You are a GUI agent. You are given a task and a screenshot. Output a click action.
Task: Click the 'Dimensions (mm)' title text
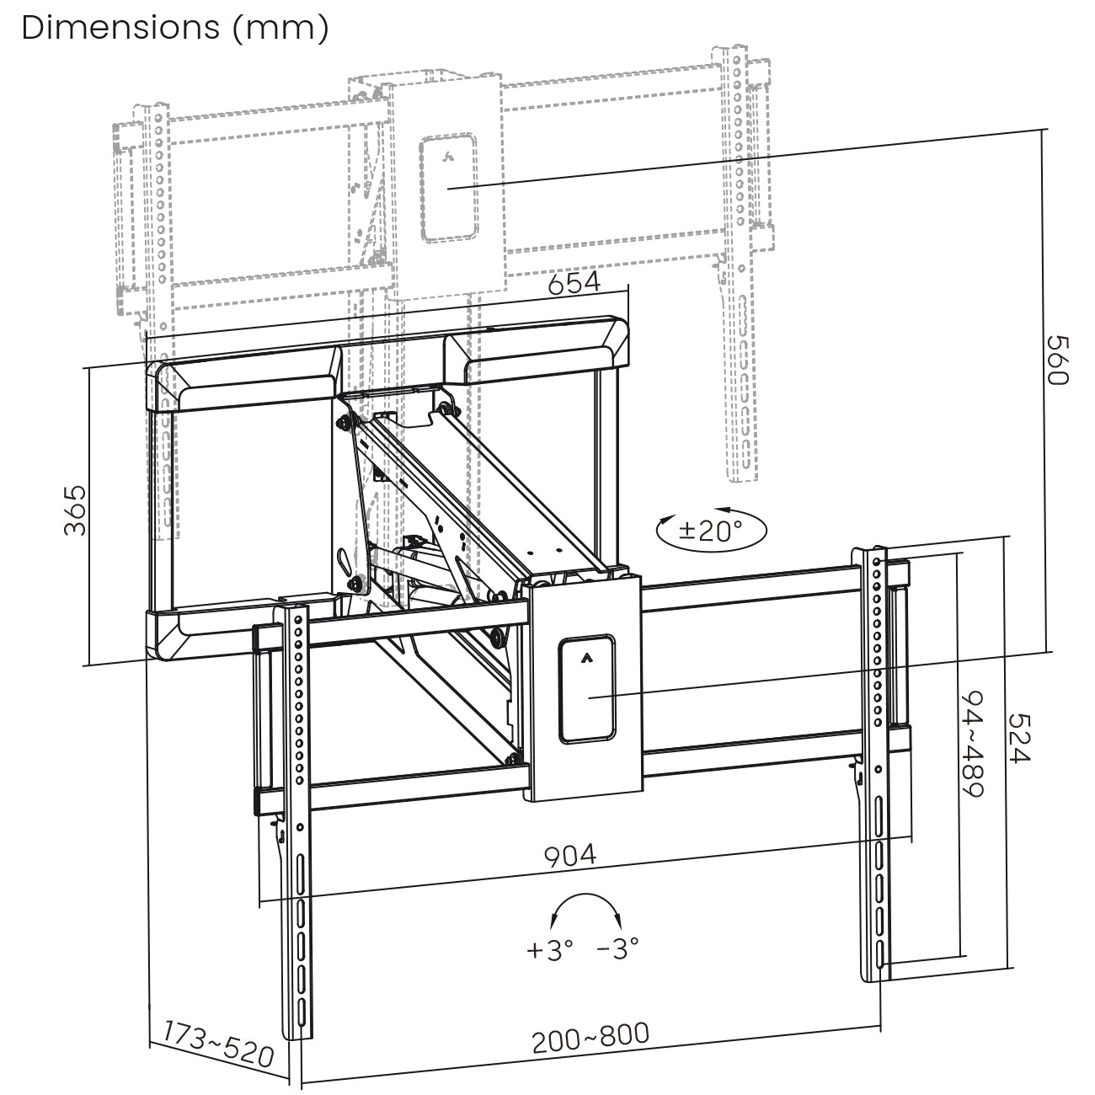175,27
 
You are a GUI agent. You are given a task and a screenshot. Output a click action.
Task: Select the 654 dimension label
574,283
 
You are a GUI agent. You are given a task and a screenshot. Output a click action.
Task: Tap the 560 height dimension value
1056,360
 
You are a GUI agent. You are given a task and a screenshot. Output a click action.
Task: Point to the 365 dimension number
76,510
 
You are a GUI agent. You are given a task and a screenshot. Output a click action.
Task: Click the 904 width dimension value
570,856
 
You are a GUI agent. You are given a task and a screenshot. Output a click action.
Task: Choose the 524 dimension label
1020,739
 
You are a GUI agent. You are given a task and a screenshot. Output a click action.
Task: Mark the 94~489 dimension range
974,745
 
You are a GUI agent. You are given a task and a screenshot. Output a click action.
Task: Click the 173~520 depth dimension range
218,1043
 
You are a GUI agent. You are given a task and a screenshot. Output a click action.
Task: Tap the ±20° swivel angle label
711,530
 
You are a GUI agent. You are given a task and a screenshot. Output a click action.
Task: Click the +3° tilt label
550,950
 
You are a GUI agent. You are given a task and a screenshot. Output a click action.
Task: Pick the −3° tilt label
617,950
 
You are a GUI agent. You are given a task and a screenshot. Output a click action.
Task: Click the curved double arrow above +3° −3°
584,910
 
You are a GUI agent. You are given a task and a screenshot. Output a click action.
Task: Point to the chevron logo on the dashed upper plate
448,155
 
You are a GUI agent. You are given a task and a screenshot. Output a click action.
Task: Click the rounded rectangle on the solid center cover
587,689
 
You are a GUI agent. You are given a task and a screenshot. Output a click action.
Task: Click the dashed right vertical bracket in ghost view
739,270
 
